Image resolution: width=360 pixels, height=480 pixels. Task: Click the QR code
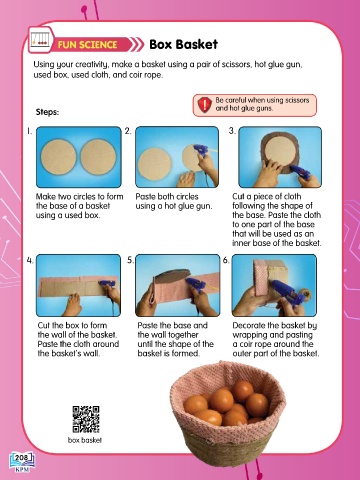click(x=86, y=419)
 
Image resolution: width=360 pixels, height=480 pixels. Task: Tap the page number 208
click(x=21, y=458)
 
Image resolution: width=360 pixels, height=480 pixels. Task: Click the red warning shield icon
click(x=204, y=105)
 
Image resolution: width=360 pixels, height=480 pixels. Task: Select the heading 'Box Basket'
click(x=184, y=44)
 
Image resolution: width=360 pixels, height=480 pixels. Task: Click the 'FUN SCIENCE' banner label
click(x=87, y=45)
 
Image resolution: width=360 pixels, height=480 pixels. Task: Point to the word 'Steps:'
click(x=47, y=112)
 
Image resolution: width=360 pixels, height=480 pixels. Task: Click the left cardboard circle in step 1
click(x=59, y=157)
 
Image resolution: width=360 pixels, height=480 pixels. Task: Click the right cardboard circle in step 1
click(x=98, y=156)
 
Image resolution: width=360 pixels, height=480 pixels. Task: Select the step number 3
click(x=232, y=131)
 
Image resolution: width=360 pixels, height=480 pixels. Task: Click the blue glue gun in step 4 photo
click(x=107, y=284)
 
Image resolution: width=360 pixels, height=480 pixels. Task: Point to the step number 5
click(x=130, y=260)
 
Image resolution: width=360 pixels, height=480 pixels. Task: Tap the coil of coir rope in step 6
click(x=305, y=295)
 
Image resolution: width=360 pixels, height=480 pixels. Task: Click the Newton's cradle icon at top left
click(x=41, y=40)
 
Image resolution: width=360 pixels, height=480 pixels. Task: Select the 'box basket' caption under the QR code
click(x=85, y=440)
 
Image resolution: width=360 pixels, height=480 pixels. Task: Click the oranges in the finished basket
click(x=228, y=403)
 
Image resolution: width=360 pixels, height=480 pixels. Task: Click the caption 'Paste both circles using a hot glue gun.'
click(x=173, y=201)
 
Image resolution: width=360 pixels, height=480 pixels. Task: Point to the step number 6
click(x=226, y=260)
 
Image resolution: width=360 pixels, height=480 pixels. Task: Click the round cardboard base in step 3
click(x=279, y=151)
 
